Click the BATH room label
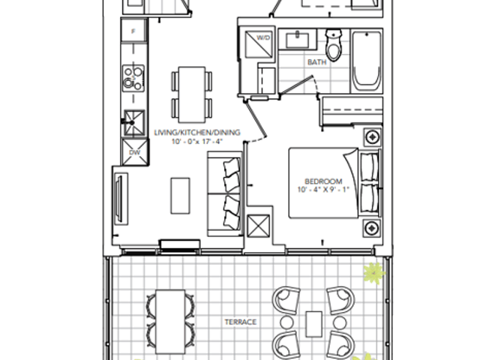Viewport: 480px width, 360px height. [316, 62]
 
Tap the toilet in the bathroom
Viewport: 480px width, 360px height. [334, 45]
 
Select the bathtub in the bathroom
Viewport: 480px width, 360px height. [367, 61]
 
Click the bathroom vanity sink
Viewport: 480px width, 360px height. [297, 40]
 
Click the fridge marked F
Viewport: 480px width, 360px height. [133, 30]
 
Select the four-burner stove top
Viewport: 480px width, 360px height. [133, 78]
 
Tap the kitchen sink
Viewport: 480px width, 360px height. [134, 123]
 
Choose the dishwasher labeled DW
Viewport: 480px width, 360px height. [135, 152]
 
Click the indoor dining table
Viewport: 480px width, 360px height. [192, 94]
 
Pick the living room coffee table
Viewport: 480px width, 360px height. [180, 196]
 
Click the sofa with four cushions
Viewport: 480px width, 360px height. [225, 193]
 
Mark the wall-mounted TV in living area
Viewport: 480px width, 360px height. [121, 199]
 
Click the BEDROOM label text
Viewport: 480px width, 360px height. [323, 181]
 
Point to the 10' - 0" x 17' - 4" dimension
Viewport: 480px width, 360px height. [196, 142]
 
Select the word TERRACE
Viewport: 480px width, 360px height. [241, 322]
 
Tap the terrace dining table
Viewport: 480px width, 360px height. [170, 322]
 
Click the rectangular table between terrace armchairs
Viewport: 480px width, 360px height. [313, 324]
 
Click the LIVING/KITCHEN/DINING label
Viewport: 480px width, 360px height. [197, 133]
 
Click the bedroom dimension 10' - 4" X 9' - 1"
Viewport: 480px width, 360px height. [323, 190]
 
